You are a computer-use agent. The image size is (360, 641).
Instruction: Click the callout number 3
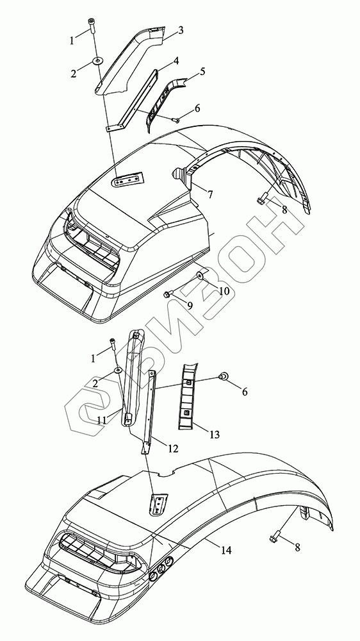tap(180, 30)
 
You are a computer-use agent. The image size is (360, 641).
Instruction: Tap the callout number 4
tap(176, 61)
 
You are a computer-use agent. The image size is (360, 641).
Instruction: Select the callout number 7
tap(209, 194)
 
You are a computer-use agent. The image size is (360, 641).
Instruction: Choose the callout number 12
tap(173, 449)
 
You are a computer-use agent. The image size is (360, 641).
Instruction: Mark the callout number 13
tap(214, 434)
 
